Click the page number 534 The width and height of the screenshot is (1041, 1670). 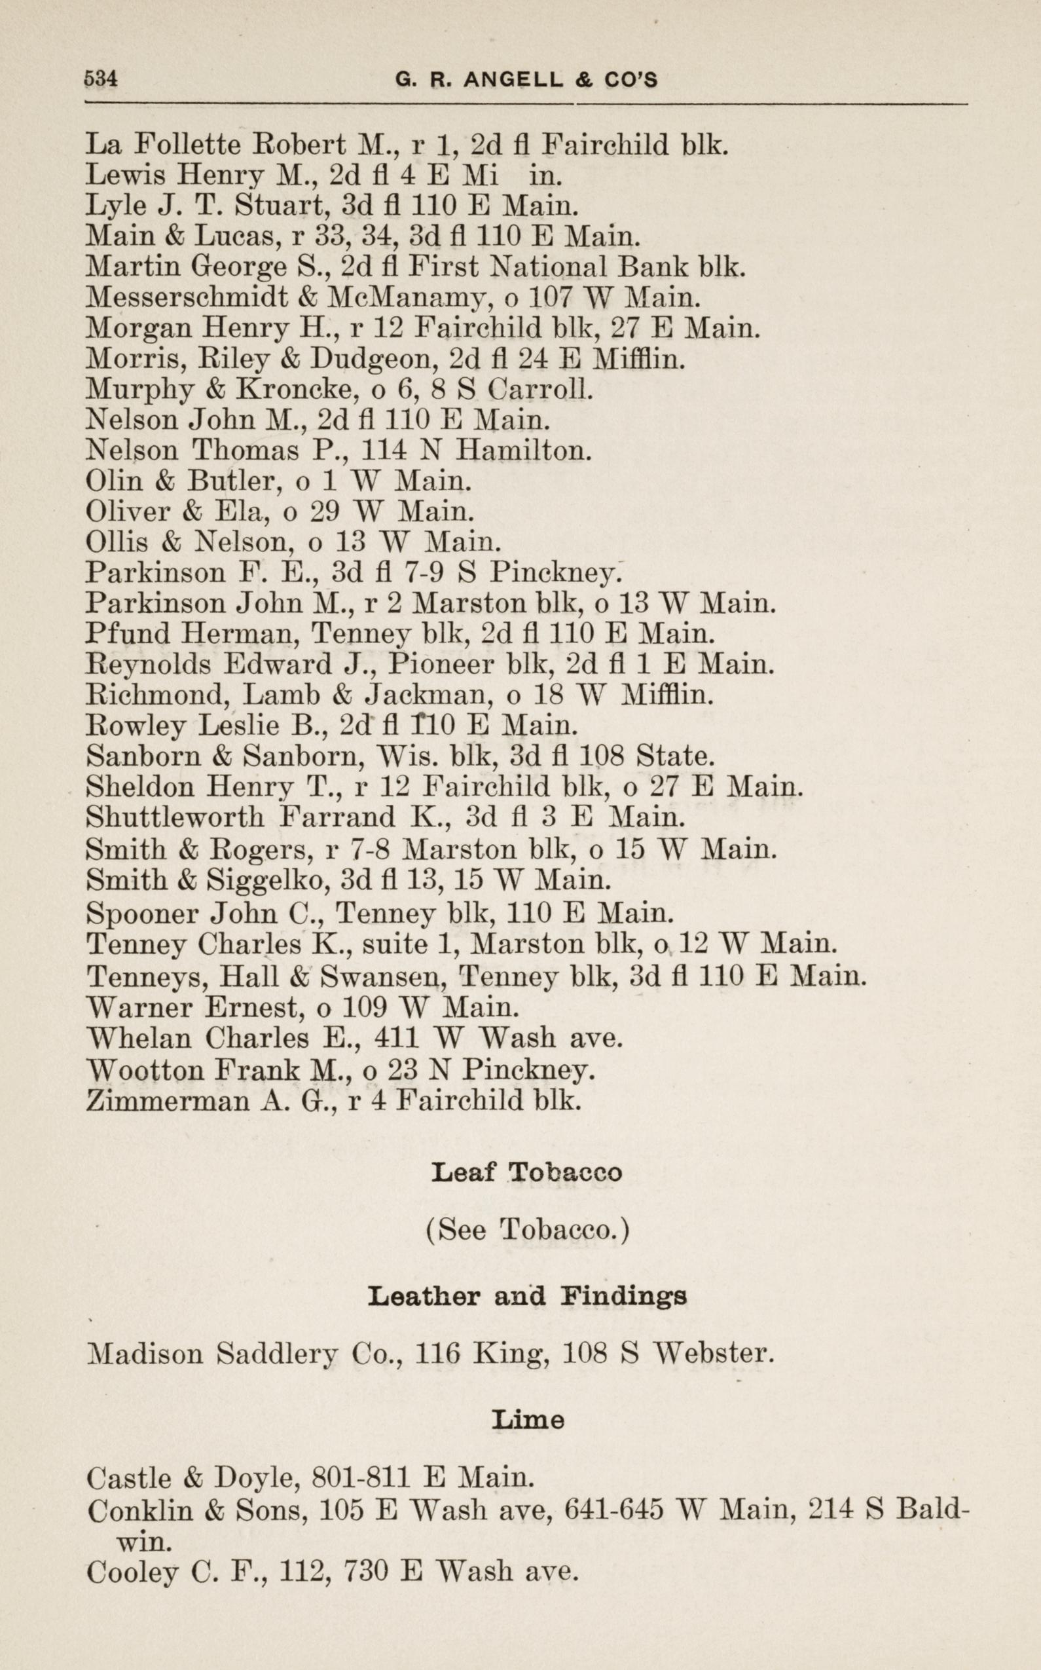[x=101, y=79]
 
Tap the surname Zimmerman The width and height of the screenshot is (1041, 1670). [x=168, y=1100]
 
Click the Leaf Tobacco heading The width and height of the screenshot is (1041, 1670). [x=526, y=1172]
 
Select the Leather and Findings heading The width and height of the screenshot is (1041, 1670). [x=526, y=1297]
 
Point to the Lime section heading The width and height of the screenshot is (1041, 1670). [x=528, y=1419]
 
